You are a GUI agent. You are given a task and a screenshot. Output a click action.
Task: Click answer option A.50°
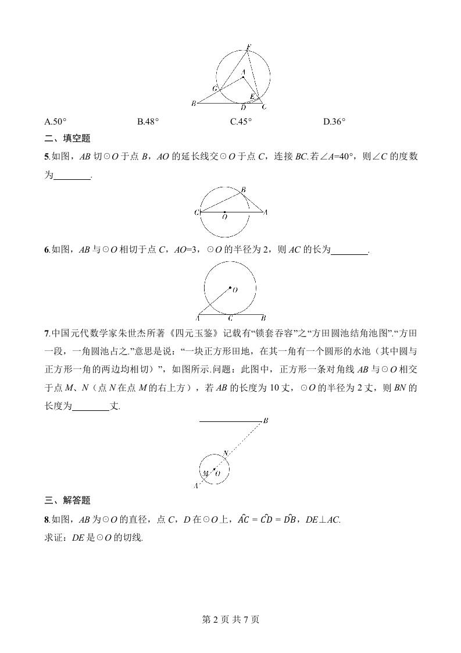(55, 122)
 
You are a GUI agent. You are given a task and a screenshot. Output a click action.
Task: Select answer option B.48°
(148, 122)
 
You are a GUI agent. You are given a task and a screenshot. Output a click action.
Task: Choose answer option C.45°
(241, 122)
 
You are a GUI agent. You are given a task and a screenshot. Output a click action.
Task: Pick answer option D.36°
(334, 122)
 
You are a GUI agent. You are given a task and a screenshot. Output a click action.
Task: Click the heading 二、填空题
(67, 139)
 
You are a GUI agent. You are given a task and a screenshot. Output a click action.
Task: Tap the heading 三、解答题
(67, 500)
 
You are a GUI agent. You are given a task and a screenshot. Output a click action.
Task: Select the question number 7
(47, 333)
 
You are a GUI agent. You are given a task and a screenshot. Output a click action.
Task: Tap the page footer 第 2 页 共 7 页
(230, 619)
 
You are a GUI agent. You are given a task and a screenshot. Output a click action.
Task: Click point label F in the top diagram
(248, 46)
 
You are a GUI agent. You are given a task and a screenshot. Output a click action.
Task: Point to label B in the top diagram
(193, 104)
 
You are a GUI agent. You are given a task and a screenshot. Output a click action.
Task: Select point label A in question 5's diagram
(265, 212)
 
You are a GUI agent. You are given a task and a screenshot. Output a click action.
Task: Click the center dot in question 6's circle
(230, 288)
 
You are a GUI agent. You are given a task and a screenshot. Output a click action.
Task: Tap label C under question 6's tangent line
(230, 318)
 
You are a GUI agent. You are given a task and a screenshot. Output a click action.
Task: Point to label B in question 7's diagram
(265, 421)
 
